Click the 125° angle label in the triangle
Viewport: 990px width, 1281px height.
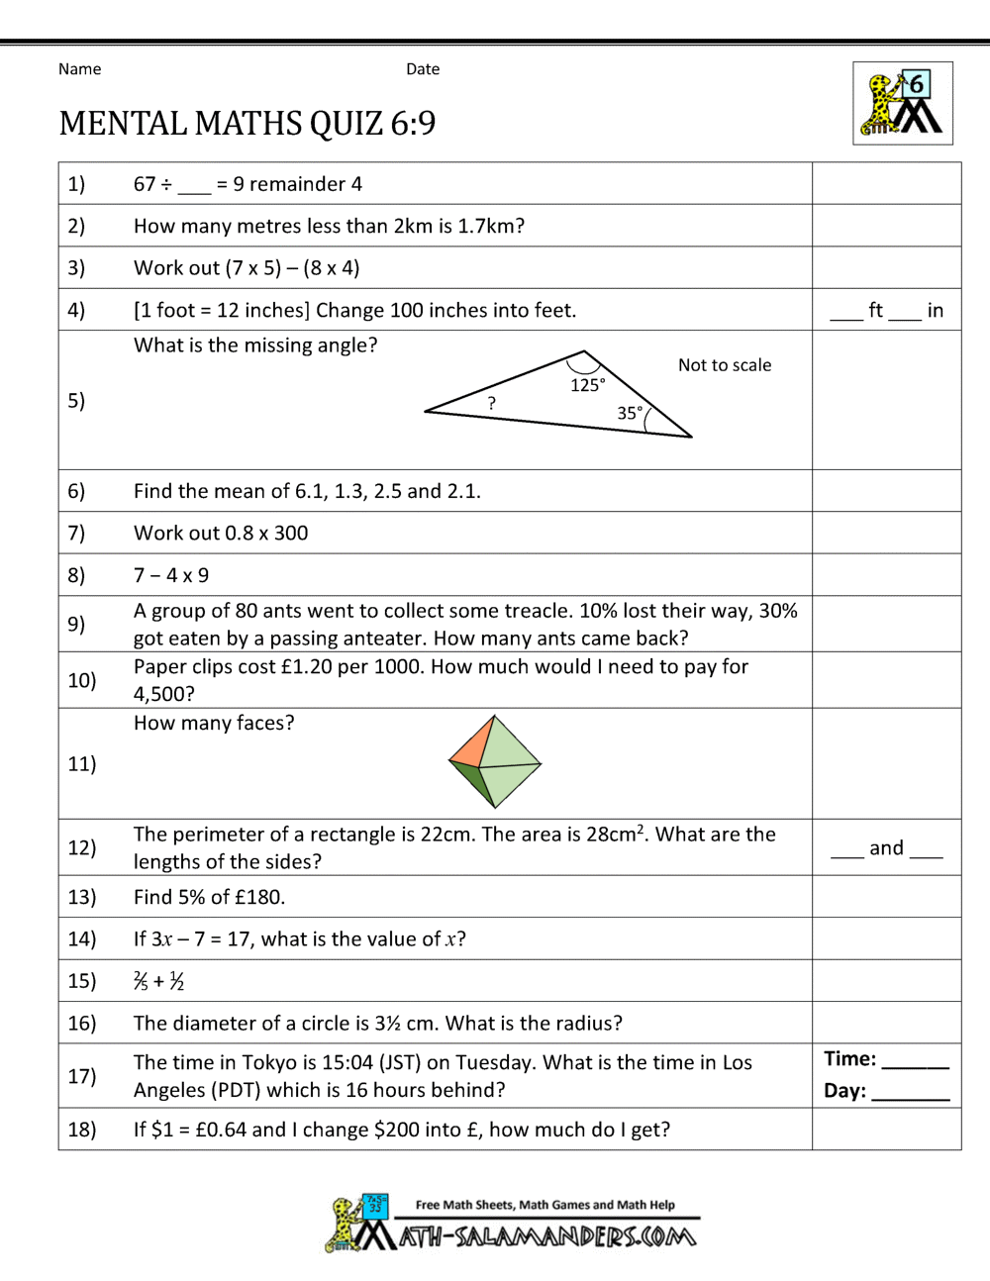587,385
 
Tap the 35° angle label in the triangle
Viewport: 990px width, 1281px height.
630,413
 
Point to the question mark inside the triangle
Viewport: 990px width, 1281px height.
491,403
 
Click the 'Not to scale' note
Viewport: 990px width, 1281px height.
724,365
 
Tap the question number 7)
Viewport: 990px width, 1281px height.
76,534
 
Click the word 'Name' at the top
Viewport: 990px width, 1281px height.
79,69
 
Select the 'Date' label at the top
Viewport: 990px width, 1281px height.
423,69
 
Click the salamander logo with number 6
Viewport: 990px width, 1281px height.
903,104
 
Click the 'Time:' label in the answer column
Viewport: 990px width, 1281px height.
849,1059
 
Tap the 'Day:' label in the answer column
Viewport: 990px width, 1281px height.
844,1091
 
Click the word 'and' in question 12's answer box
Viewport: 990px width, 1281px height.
886,848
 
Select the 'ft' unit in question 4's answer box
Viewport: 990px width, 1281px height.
875,311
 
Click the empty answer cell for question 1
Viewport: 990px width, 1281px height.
886,184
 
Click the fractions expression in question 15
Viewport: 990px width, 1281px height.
159,981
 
